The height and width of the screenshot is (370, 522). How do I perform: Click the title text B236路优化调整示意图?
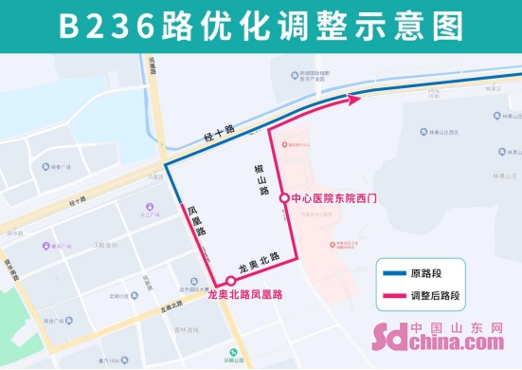[261, 27]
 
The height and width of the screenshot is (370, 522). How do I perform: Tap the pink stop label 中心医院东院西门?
[334, 198]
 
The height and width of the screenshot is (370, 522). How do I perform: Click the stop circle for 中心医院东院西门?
[284, 198]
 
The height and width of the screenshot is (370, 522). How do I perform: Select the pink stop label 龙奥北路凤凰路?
[244, 295]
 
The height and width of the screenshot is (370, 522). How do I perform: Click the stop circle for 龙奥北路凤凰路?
[229, 281]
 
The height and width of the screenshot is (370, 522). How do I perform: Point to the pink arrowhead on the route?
[355, 97]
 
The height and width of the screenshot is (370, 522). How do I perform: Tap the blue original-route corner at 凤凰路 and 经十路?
[167, 164]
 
